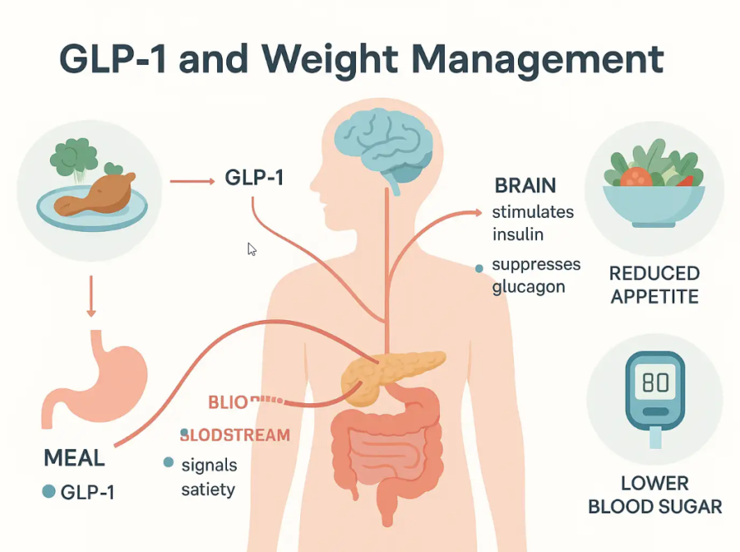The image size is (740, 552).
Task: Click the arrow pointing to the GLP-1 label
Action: coord(190,179)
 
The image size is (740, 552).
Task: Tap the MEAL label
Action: coord(74,457)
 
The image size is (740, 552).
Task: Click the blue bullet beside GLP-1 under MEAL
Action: coord(48,492)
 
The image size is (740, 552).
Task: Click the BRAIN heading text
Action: coord(525,185)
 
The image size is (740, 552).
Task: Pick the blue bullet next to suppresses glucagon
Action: coord(479,269)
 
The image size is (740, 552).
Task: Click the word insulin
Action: coord(517,234)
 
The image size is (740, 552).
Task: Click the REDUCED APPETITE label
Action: coord(654,285)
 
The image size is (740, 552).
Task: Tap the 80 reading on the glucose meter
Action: coord(654,382)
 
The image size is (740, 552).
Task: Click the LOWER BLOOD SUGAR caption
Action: coord(654,495)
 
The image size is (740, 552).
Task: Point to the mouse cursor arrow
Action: coord(251,249)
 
